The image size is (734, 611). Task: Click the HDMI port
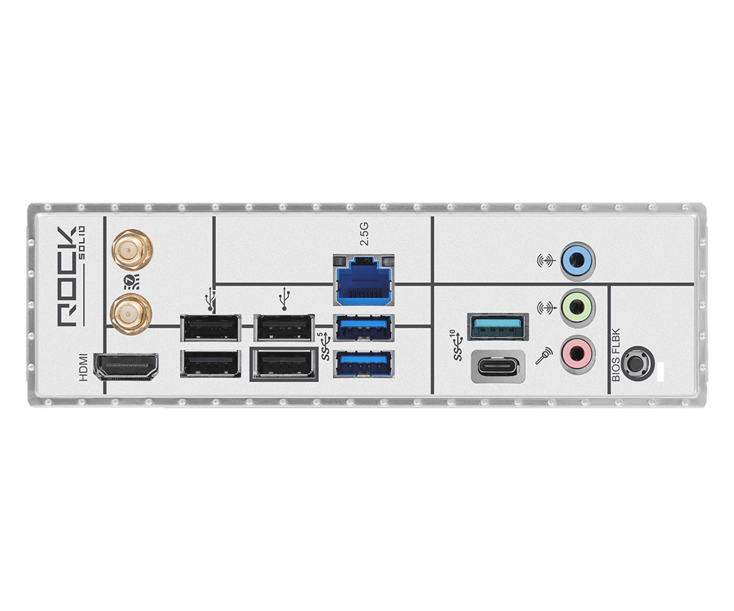pyautogui.click(x=125, y=367)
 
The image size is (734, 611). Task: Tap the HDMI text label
pyautogui.click(x=83, y=367)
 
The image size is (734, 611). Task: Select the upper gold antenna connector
pyautogui.click(x=132, y=250)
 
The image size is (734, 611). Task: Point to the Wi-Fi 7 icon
pyautogui.click(x=132, y=282)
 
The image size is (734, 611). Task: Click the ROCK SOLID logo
pyautogui.click(x=71, y=277)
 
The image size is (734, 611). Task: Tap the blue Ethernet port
pyautogui.click(x=364, y=280)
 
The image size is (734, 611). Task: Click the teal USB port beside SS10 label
pyautogui.click(x=498, y=326)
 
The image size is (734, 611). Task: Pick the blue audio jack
pyautogui.click(x=577, y=260)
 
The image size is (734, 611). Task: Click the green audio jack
pyautogui.click(x=577, y=308)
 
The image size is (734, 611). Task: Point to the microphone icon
pyautogui.click(x=544, y=356)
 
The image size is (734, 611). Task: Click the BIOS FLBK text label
pyautogui.click(x=616, y=355)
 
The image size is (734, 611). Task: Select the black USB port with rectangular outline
pyautogui.click(x=284, y=364)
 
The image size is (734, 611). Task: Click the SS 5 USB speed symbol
pyautogui.click(x=326, y=346)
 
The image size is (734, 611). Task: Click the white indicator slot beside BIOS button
pyautogui.click(x=660, y=372)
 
